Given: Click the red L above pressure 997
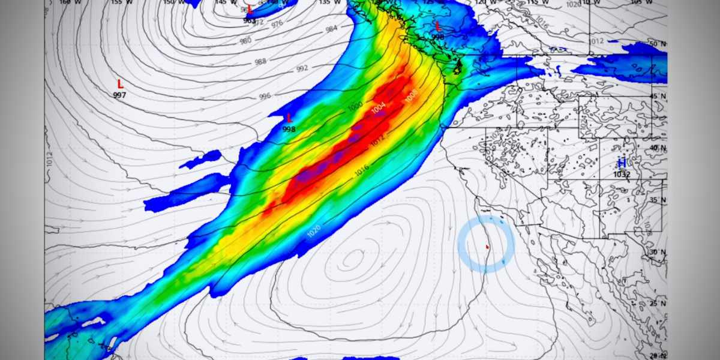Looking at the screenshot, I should click(x=120, y=84).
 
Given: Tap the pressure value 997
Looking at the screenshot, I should click(x=120, y=95).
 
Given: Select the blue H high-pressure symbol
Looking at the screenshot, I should click(x=622, y=163).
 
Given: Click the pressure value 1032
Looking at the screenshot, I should click(x=622, y=175).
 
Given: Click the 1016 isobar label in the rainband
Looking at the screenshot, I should click(x=361, y=172).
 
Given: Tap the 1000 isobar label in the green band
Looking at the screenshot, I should click(x=355, y=106).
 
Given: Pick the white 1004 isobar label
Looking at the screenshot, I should click(x=379, y=107).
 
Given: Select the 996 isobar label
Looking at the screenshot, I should click(x=265, y=96).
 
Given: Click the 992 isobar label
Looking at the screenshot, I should click(x=302, y=68).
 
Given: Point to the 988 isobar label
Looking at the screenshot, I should click(x=260, y=62).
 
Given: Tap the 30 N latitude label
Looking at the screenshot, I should click(x=658, y=253).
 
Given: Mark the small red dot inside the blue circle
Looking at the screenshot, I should click(x=487, y=246).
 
